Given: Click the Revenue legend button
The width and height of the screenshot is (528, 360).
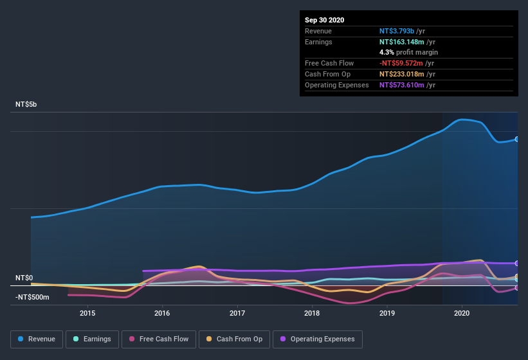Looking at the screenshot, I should [x=37, y=339].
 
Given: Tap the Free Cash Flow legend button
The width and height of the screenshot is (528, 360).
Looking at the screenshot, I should [x=159, y=339].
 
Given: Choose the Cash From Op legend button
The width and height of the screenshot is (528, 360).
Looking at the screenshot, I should [x=234, y=339].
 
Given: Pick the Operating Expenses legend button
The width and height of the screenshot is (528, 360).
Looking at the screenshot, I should [x=318, y=339].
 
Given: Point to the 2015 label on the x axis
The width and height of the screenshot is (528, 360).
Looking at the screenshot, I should [x=87, y=313].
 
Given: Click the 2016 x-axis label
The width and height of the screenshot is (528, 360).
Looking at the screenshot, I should [x=162, y=313].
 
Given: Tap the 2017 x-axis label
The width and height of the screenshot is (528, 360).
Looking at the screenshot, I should [x=237, y=313].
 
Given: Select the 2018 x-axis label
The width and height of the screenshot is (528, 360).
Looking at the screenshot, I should [x=312, y=313].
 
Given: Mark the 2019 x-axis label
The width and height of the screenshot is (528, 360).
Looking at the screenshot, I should [x=387, y=313].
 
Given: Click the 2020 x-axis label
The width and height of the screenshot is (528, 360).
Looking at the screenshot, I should [x=462, y=313].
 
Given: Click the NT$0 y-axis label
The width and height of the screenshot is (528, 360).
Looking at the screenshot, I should [x=24, y=278].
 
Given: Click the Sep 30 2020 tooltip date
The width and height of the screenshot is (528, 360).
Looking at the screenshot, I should [x=325, y=20].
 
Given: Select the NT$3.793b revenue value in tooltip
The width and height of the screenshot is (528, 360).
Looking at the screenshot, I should [x=397, y=31].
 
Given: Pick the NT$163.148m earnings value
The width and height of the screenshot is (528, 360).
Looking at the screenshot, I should [x=402, y=42].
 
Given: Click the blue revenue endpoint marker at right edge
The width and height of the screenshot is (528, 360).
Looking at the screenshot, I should [x=517, y=139].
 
